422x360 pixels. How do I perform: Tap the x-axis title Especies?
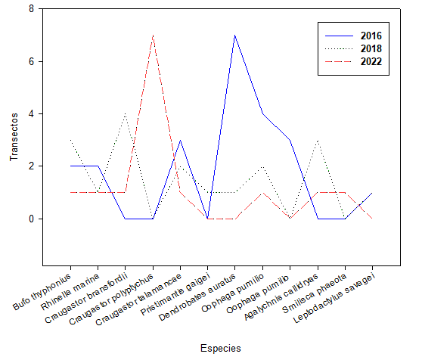tap(221, 348)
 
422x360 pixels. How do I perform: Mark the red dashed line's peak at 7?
tap(153, 36)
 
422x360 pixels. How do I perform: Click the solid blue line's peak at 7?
tap(235, 36)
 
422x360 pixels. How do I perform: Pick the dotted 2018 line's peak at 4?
tap(126, 114)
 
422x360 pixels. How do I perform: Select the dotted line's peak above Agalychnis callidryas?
tap(318, 141)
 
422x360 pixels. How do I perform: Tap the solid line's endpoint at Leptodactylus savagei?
tap(372, 193)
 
